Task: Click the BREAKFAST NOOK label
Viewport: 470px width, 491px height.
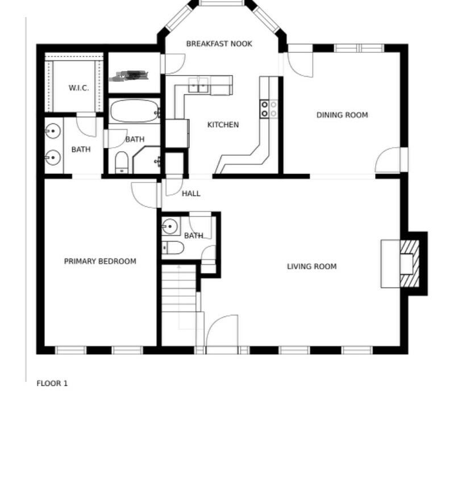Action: (x=219, y=44)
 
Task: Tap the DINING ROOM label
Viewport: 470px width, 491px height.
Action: (x=342, y=115)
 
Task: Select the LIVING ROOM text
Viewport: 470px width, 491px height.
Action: (x=311, y=266)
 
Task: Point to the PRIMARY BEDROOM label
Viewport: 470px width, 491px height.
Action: (x=100, y=261)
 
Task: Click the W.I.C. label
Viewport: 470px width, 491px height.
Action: (x=78, y=88)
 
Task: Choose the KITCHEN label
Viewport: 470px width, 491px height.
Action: (x=223, y=124)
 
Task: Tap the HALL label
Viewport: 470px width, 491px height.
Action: (x=191, y=193)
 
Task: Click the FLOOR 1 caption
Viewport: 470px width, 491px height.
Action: (x=52, y=383)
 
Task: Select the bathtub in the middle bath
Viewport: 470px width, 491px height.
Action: (x=134, y=111)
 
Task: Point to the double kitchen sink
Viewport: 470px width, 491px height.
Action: (x=198, y=85)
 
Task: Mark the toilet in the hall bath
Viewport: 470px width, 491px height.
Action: (x=173, y=247)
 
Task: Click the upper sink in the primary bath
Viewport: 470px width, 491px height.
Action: (x=53, y=132)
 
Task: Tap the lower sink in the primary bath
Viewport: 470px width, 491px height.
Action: (x=53, y=157)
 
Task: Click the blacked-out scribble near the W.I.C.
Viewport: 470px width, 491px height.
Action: (x=132, y=75)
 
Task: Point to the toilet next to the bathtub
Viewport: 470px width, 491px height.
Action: (x=122, y=163)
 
